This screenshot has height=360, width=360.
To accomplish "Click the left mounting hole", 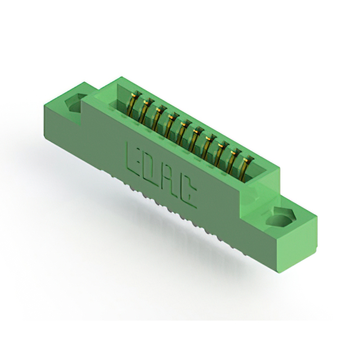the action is click(x=73, y=103).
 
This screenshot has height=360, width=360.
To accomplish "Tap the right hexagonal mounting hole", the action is click(x=279, y=217).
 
